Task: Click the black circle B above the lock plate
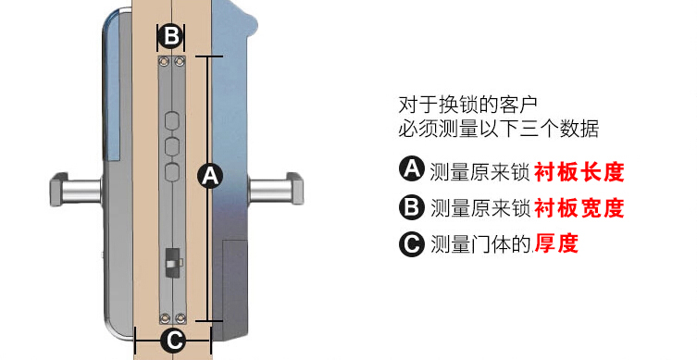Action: pos(171,36)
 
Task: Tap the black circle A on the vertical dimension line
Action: pos(210,176)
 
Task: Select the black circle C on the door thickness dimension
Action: pos(173,341)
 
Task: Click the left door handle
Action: pos(76,190)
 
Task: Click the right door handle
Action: pos(276,189)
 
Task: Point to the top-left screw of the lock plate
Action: pos(164,61)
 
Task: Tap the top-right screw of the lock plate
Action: pos(180,61)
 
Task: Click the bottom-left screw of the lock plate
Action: pos(165,317)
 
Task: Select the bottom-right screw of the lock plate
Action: pos(180,317)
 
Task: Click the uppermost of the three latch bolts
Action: pos(172,121)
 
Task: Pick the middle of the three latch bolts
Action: pos(172,146)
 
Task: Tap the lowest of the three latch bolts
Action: pos(172,171)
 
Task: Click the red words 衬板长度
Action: pos(579,172)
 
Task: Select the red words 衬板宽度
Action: pos(579,208)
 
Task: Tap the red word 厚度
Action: pos(556,243)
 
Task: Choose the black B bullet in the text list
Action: pos(412,207)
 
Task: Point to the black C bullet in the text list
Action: pos(412,244)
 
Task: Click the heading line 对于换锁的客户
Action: pos(467,105)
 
